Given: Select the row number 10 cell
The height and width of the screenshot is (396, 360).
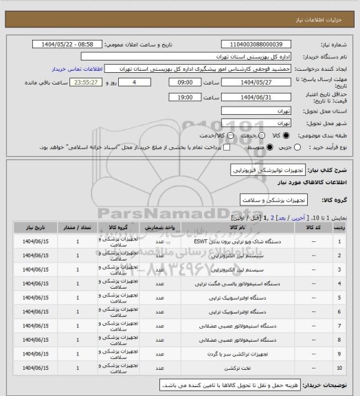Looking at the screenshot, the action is coord(339,368).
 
